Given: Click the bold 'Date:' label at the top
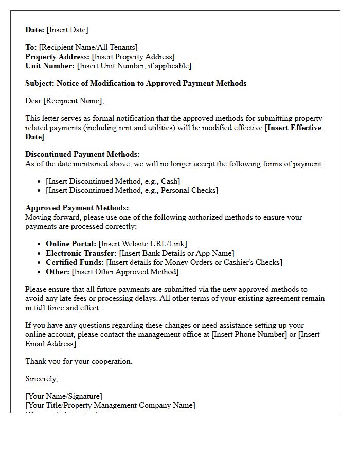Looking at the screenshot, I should click(x=35, y=30).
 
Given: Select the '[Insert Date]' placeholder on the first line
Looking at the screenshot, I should click(x=67, y=30).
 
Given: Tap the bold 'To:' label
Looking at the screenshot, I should click(x=31, y=47).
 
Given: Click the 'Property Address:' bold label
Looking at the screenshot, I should click(x=58, y=57).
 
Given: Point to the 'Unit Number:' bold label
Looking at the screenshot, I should click(x=50, y=66).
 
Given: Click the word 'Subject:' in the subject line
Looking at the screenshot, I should click(x=40, y=83).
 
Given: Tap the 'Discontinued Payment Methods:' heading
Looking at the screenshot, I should click(x=82, y=154).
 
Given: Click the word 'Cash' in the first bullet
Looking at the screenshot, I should click(x=170, y=181).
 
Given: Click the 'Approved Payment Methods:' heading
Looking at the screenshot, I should click(x=77, y=208).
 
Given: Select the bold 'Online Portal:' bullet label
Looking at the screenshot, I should click(x=71, y=244).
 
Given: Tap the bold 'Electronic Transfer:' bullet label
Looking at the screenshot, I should click(x=81, y=253).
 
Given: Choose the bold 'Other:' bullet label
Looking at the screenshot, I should click(x=58, y=272).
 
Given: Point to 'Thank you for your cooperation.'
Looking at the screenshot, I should click(x=79, y=361).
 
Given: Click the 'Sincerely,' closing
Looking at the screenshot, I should click(x=41, y=379).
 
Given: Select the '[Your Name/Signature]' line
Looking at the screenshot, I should click(x=64, y=396).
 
